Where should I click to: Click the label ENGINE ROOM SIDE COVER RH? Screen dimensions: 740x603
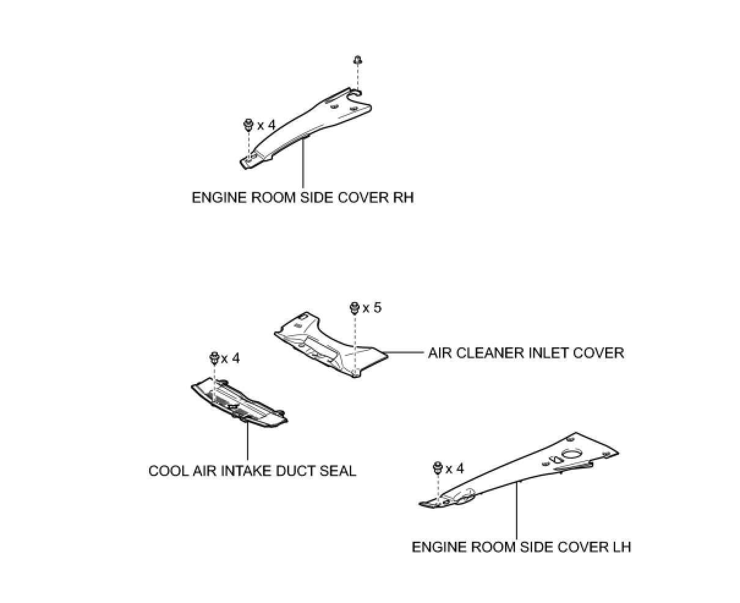coord(302,198)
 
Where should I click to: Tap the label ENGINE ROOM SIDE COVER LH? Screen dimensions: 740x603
coord(521,546)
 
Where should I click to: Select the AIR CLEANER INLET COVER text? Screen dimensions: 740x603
coord(526,353)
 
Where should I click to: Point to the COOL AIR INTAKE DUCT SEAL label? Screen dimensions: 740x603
coord(252,471)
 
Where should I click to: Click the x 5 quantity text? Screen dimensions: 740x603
coord(371,308)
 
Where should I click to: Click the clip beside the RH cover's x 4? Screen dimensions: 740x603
coord(248,125)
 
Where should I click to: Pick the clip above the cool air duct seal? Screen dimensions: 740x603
coord(214,358)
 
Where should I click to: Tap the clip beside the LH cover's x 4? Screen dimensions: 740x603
coord(438,468)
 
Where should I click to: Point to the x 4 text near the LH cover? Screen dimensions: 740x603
coord(454,469)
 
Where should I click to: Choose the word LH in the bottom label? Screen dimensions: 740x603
coord(621,546)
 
